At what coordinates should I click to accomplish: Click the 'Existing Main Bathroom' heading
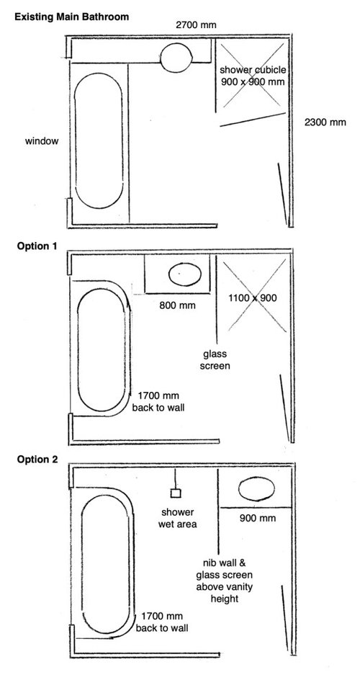(72, 17)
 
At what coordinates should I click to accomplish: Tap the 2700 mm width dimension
(196, 25)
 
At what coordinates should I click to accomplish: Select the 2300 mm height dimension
(325, 122)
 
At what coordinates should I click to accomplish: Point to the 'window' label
(42, 141)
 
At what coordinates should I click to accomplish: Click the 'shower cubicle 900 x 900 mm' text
(253, 76)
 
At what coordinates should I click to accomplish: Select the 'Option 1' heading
(37, 246)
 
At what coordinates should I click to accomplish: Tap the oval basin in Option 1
(185, 275)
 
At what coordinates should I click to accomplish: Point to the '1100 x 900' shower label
(253, 298)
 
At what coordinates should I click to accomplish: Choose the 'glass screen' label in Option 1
(216, 359)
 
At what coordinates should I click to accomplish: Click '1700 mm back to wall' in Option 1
(158, 401)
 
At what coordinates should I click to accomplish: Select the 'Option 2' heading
(37, 460)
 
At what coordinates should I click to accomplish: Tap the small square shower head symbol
(176, 493)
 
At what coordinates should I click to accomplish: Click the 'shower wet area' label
(178, 518)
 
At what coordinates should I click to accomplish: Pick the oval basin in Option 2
(256, 489)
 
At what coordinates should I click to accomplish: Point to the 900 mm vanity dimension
(258, 518)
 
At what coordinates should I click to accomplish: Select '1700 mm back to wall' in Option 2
(162, 622)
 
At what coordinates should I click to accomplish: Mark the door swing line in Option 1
(284, 408)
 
